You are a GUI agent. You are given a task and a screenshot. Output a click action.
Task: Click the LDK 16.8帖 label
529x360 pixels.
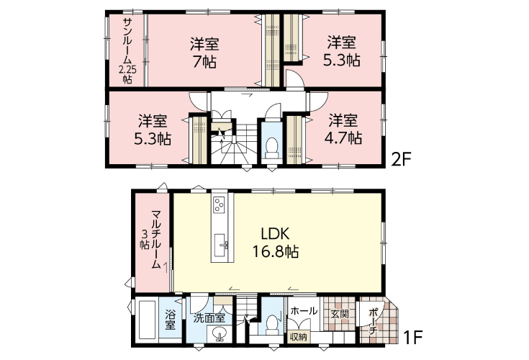point(275,242)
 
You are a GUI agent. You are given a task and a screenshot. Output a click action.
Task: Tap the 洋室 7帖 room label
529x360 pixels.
point(204,53)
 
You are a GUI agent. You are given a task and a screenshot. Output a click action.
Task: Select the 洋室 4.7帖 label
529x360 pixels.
point(343,129)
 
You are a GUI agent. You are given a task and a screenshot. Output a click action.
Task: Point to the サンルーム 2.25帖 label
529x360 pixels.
point(127,50)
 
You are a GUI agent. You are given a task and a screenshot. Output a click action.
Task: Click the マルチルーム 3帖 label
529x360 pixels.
point(151,239)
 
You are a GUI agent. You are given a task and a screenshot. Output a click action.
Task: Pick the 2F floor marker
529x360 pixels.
point(400,159)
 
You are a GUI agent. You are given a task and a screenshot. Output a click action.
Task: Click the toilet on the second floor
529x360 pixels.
point(271,148)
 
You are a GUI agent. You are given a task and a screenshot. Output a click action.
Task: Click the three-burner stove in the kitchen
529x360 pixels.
point(220,204)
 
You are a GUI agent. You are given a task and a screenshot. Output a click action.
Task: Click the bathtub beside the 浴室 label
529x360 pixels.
point(147,319)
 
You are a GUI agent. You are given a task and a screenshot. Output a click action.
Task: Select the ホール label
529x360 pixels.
point(304,310)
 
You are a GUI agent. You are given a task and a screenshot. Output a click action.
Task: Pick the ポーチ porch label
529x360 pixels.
point(373,321)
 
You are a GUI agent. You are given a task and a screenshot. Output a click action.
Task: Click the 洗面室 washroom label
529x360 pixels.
point(209,318)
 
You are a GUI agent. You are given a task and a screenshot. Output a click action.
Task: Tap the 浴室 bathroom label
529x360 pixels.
point(170,320)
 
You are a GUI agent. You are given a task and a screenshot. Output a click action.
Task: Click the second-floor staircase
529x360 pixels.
point(233,145)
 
